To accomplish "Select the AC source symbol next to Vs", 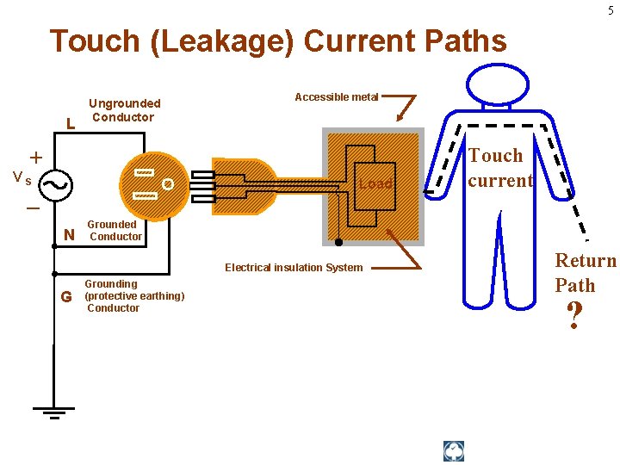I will click(x=54, y=183).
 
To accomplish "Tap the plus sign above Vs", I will click(x=35, y=158).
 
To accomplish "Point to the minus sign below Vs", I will click(x=33, y=209).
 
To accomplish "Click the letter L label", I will click(x=71, y=124).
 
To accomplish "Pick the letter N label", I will click(x=70, y=234).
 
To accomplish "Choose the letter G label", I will click(x=66, y=297).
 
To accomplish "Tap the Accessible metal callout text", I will click(x=336, y=97).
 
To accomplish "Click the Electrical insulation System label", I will click(x=294, y=267).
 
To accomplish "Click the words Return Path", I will click(x=585, y=272).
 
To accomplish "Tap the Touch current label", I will click(x=499, y=168).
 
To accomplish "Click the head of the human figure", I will click(x=497, y=85).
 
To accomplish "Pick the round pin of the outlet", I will click(x=168, y=183).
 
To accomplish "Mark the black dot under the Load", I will click(x=338, y=242).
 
